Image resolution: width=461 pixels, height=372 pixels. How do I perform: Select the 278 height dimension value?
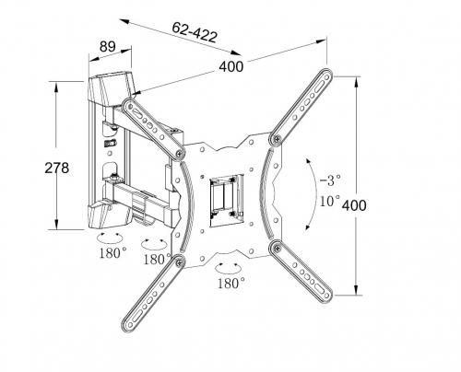tap(32, 168)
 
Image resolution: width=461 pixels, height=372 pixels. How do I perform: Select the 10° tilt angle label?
tap(329, 200)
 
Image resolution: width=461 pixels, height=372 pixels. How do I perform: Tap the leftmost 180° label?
tap(112, 252)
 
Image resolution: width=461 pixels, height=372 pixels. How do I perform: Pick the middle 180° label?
tap(157, 259)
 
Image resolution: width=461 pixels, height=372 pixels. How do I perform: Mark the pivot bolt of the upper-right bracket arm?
tap(276, 138)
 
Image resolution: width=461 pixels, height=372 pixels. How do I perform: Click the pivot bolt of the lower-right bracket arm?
tap(274, 246)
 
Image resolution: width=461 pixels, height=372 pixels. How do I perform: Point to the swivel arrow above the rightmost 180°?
tap(229, 266)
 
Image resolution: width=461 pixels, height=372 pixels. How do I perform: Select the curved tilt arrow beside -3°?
tap(309, 184)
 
